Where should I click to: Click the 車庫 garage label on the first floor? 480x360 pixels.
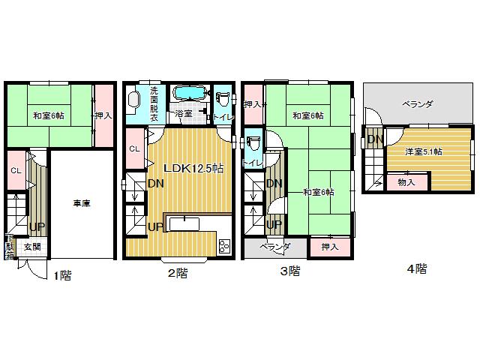point(82,202)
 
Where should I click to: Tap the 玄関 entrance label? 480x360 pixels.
point(31,247)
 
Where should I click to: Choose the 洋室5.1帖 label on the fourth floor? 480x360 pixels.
point(424,151)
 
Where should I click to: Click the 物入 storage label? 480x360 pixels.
point(407,182)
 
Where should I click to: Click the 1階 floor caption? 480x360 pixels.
point(61,275)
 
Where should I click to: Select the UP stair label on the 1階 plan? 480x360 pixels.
point(34,226)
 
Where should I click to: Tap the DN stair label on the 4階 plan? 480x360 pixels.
point(375,139)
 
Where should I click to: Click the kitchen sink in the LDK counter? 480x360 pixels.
point(183,223)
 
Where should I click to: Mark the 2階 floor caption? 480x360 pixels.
point(177,273)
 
